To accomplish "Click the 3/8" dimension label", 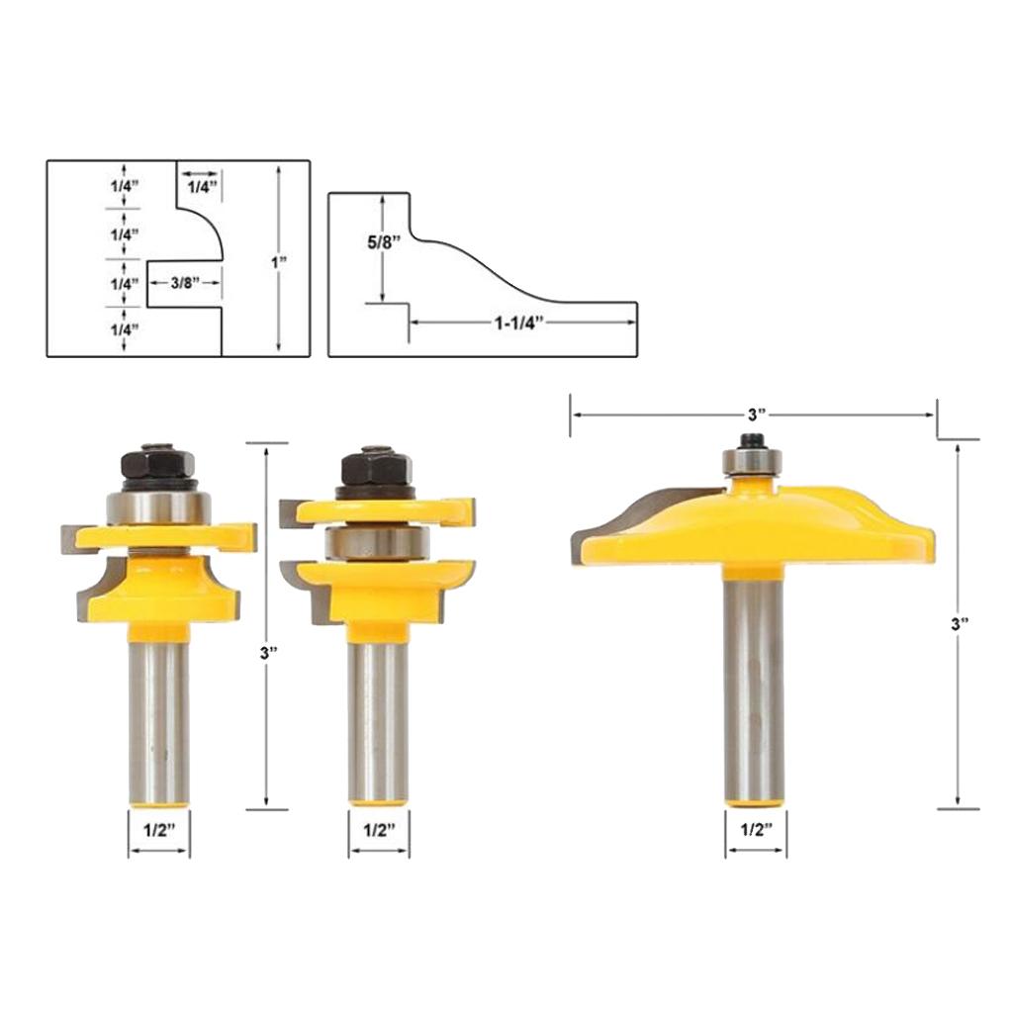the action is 185,282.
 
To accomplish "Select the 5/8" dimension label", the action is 384,242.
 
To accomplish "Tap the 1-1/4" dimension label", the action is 519,322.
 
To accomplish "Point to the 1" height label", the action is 278,262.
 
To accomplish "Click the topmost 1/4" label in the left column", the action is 125,186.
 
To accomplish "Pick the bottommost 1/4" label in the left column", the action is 125,329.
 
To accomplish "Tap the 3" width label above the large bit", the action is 757,414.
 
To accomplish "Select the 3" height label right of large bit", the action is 960,624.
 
